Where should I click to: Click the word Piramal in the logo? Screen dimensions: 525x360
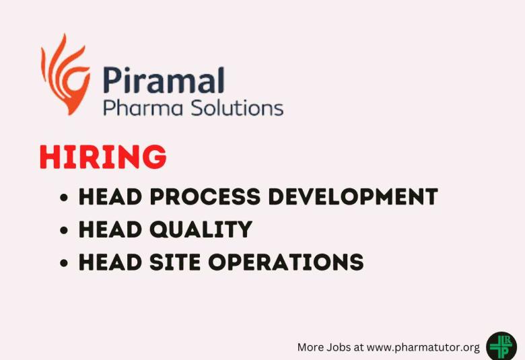(x=164, y=80)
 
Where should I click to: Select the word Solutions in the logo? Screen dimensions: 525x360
(x=238, y=108)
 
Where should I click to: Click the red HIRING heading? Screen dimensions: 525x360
(x=103, y=156)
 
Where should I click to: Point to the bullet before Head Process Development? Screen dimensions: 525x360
(x=64, y=197)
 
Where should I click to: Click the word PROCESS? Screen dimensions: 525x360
(x=205, y=196)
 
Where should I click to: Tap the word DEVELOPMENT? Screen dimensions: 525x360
(x=353, y=196)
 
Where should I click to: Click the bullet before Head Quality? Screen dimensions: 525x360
(x=64, y=230)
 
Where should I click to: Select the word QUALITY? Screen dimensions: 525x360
(x=201, y=229)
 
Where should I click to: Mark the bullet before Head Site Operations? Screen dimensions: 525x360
(x=64, y=263)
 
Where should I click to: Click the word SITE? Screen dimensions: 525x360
(x=175, y=262)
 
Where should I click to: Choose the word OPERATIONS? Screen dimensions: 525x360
(x=286, y=262)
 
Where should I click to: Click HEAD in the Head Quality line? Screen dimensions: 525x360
(x=110, y=229)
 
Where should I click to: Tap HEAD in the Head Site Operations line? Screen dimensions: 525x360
(x=110, y=262)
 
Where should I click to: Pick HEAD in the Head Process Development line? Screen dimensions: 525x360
(x=110, y=196)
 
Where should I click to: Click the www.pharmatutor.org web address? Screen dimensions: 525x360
(x=423, y=348)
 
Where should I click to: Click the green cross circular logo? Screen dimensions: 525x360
(x=501, y=347)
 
